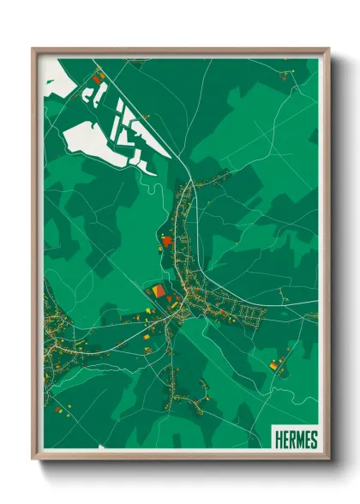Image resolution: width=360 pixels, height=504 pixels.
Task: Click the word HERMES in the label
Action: click(296, 440)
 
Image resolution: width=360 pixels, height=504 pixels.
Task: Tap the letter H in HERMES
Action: click(278, 440)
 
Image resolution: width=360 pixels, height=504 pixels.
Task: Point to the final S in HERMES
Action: click(314, 440)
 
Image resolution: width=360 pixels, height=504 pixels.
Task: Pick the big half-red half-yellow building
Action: click(159, 292)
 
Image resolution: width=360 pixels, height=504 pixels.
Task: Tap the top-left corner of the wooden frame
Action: click(33, 50)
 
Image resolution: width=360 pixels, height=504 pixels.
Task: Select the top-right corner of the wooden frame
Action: click(327, 50)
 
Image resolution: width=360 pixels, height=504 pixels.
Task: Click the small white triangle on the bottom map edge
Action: click(175, 443)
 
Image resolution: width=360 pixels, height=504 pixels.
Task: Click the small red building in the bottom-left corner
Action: click(58, 410)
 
